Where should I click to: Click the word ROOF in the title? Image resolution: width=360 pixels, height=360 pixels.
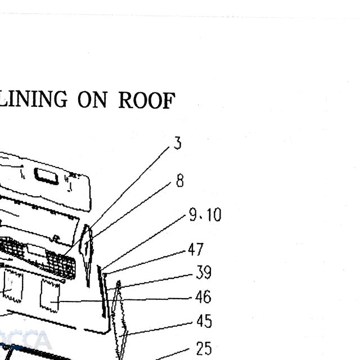(x=147, y=100)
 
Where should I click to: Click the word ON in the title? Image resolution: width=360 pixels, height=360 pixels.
(x=92, y=100)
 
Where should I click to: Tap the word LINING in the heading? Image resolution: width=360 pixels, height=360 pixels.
(x=33, y=99)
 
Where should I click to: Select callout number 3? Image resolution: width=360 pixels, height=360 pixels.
(x=178, y=143)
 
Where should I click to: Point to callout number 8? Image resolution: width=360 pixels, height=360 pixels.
(x=180, y=181)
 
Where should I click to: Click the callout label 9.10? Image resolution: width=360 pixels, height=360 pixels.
(x=205, y=215)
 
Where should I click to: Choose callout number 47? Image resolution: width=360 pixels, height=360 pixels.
(x=196, y=249)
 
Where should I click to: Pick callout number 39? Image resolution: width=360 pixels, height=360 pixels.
(x=204, y=272)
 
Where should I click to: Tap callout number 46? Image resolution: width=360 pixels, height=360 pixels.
(x=203, y=297)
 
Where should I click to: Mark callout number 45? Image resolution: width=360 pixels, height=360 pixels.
(x=204, y=321)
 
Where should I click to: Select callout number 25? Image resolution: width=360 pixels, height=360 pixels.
(x=204, y=349)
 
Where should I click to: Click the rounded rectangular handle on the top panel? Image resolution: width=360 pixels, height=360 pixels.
(x=46, y=176)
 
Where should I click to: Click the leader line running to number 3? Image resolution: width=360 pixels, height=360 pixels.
(x=116, y=201)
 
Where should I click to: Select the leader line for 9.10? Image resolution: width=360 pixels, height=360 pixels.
(x=143, y=242)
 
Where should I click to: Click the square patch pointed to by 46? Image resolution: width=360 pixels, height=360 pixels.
(x=50, y=296)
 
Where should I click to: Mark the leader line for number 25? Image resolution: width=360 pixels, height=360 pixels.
(x=172, y=354)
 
